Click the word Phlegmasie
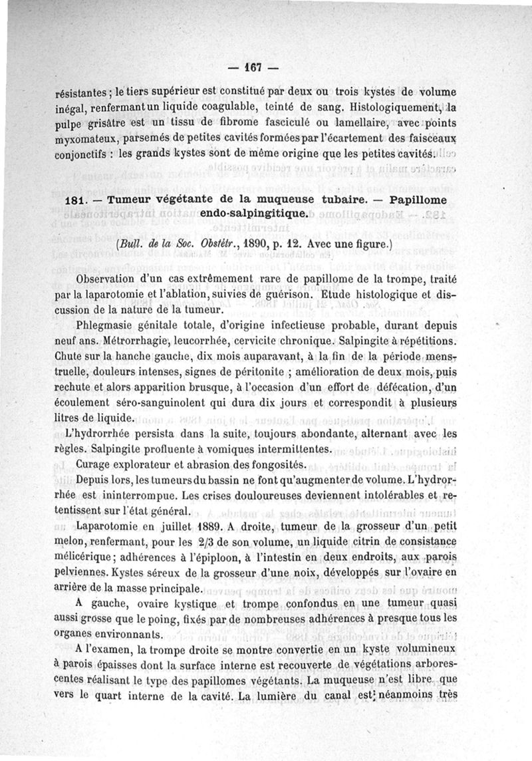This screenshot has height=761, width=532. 110,326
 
